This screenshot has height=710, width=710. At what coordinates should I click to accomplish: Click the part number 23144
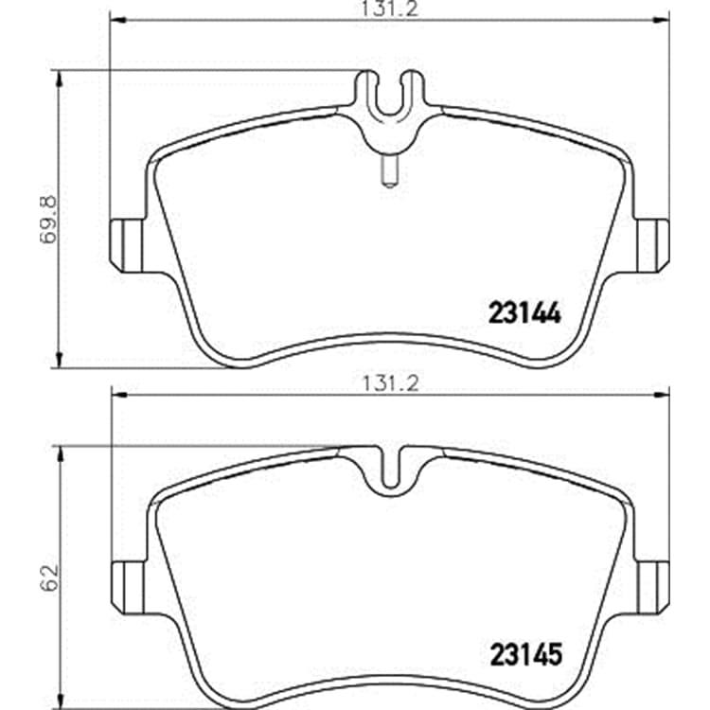[524, 313]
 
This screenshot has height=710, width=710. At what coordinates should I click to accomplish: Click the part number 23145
[525, 654]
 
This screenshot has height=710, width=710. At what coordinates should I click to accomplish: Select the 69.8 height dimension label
[49, 220]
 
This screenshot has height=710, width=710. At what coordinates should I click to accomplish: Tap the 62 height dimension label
[50, 577]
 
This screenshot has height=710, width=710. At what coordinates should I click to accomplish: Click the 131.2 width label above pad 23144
[389, 9]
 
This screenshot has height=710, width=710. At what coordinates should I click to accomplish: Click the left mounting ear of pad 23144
[128, 245]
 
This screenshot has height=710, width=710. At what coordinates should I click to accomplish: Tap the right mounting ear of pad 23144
[652, 245]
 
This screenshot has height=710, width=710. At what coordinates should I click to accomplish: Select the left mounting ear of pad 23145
[129, 588]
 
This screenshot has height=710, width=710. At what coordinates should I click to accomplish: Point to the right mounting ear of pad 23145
[652, 588]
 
